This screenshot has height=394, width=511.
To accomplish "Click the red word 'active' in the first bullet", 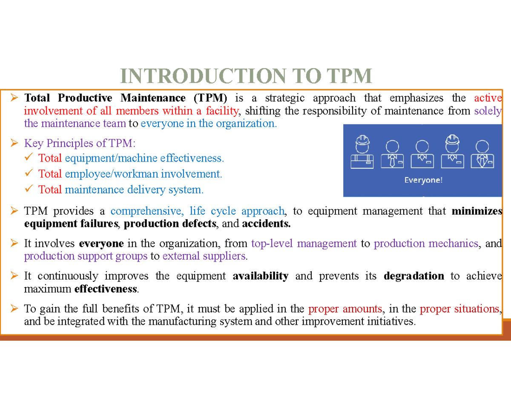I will click(488, 98).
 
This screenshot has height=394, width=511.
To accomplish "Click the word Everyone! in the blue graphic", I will click(423, 180).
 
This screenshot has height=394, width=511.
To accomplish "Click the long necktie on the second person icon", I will click(392, 161).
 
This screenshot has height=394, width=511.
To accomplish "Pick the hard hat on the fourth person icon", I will click(452, 142).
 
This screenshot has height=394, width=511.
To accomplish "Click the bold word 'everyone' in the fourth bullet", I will click(101, 244).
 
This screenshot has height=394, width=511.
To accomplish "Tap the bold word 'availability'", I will click(261, 276).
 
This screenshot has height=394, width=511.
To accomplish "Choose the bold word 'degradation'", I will click(414, 276).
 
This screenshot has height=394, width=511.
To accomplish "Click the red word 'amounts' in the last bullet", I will click(362, 309).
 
